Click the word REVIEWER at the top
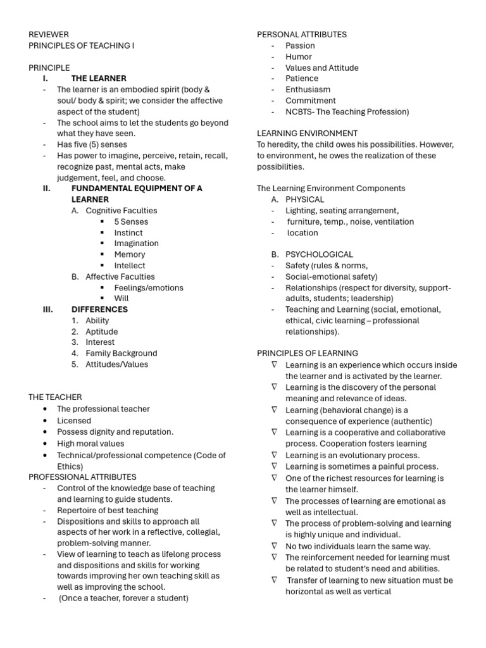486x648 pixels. pos(49,34)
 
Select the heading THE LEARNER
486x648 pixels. pos(99,78)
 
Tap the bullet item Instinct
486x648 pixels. pos(128,233)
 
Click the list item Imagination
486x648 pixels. pos(136,244)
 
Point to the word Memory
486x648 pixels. pos(129,254)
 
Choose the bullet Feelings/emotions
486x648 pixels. pos(149,288)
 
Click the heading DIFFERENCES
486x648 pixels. pos(99,309)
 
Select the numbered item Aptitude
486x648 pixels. pos(102,332)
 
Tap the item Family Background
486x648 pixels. pos(121,353)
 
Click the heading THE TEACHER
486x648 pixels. pos(55,397)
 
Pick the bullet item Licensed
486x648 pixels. pos(74,421)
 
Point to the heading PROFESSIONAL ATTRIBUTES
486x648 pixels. pos(82,477)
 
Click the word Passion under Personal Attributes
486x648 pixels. pos(300,46)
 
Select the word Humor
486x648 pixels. pos(299,56)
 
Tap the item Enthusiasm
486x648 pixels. pos(308,90)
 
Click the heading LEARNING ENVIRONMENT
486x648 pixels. pos(307,134)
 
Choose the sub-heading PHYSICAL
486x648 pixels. pos(304,199)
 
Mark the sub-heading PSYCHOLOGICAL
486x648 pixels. pos(319,254)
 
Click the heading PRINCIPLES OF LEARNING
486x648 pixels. pos(307,353)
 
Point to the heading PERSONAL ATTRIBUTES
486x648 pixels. pos(301,34)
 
